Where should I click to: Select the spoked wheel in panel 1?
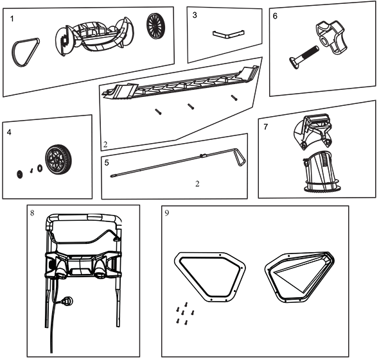pos(155,25)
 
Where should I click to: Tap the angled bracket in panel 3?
pos(228,35)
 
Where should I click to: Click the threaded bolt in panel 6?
pos(304,57)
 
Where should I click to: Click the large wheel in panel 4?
pos(58,159)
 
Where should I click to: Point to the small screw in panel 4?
pos(31,171)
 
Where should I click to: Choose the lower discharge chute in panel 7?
pos(321,172)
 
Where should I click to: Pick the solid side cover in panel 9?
pos(300,277)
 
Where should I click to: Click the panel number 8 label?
pos(32,213)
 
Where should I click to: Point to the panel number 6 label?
pos(275,16)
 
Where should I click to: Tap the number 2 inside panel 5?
pos(197,184)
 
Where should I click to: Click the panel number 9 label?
pos(167,213)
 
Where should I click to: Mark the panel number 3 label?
pos(195,15)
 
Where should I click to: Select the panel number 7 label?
pos(266,127)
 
